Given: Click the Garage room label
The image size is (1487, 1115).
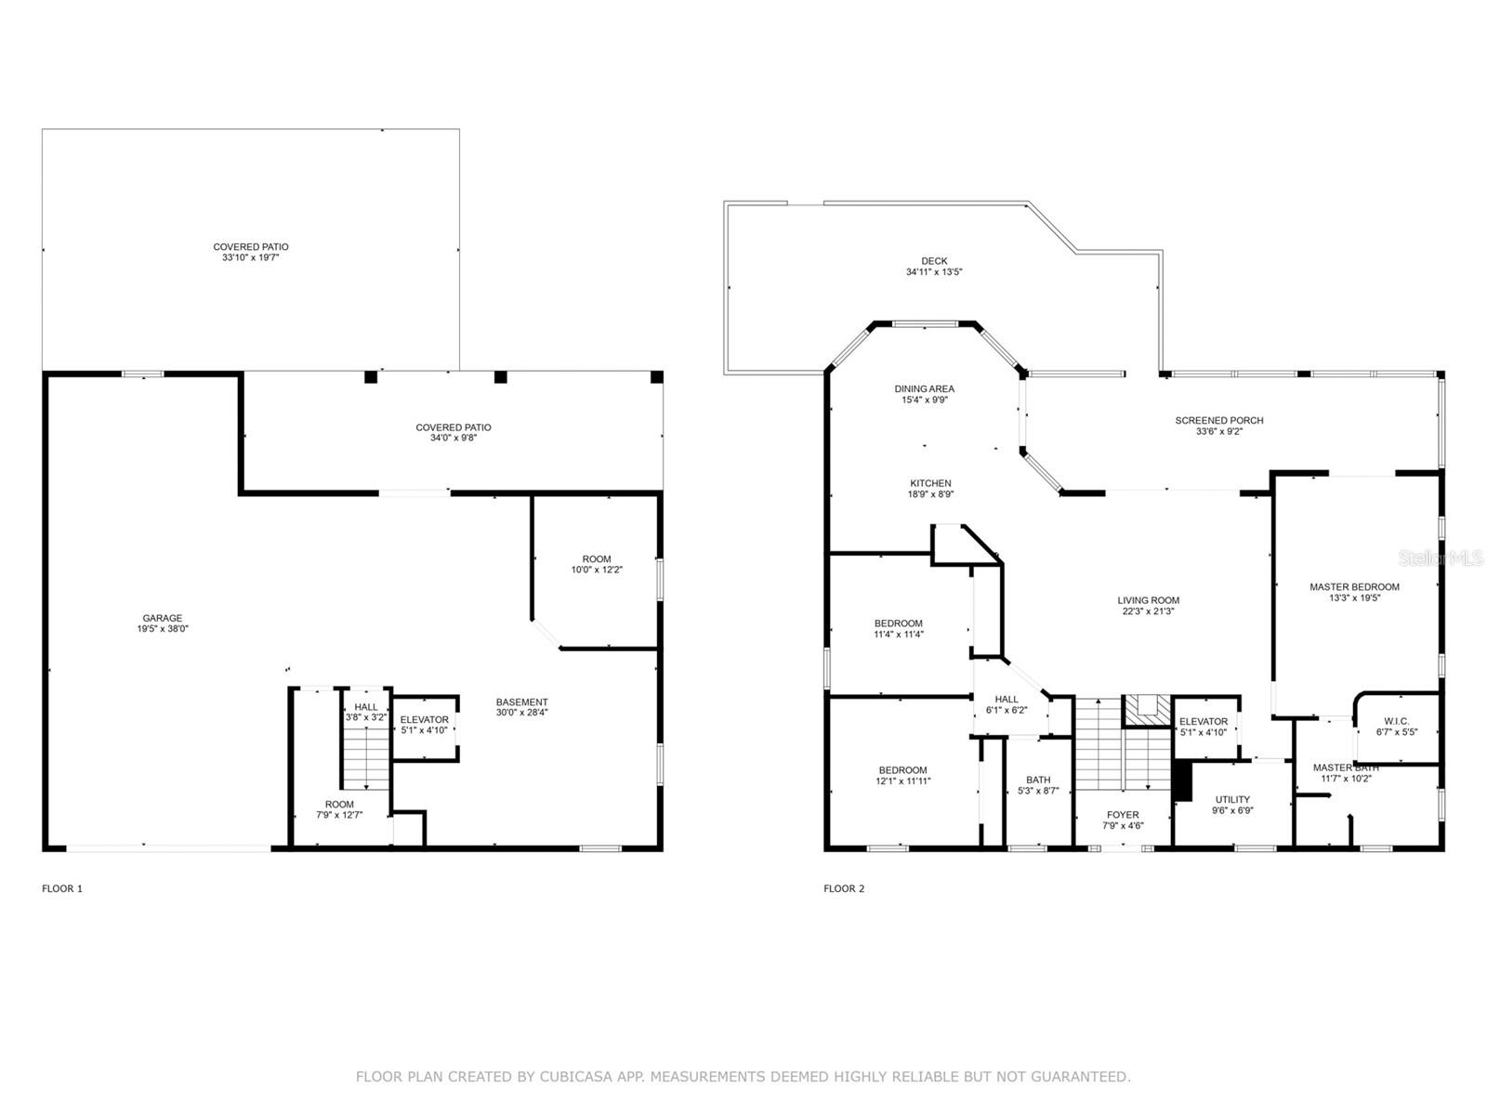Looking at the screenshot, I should pyautogui.click(x=163, y=619).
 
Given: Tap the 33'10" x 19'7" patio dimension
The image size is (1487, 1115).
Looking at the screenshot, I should pyautogui.click(x=251, y=257).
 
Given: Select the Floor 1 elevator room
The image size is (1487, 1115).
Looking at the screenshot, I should pyautogui.click(x=425, y=726).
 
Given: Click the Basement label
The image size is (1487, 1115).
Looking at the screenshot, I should pyautogui.click(x=521, y=702).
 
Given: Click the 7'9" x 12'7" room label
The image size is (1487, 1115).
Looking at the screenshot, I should pyautogui.click(x=339, y=809).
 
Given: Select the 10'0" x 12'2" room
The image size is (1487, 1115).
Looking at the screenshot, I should pyautogui.click(x=597, y=565).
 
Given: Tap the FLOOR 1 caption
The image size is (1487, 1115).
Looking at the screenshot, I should pyautogui.click(x=62, y=888).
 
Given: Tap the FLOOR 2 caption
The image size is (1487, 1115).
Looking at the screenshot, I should pyautogui.click(x=844, y=888).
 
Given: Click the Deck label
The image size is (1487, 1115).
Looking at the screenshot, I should pyautogui.click(x=934, y=261).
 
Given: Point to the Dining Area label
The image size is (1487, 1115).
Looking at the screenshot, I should pyautogui.click(x=924, y=389).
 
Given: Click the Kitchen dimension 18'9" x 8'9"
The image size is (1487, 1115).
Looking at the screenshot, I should pyautogui.click(x=930, y=494).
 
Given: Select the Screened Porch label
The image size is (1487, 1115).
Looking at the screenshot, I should pyautogui.click(x=1219, y=421).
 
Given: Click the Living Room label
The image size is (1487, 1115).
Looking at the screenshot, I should pyautogui.click(x=1148, y=600).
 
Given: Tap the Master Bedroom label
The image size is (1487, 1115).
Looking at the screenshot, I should pyautogui.click(x=1354, y=587).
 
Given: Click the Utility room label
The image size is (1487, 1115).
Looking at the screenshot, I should pyautogui.click(x=1232, y=799).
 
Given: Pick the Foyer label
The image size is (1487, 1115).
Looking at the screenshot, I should pyautogui.click(x=1123, y=815).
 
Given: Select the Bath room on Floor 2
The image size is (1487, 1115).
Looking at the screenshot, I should pyautogui.click(x=1038, y=786).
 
